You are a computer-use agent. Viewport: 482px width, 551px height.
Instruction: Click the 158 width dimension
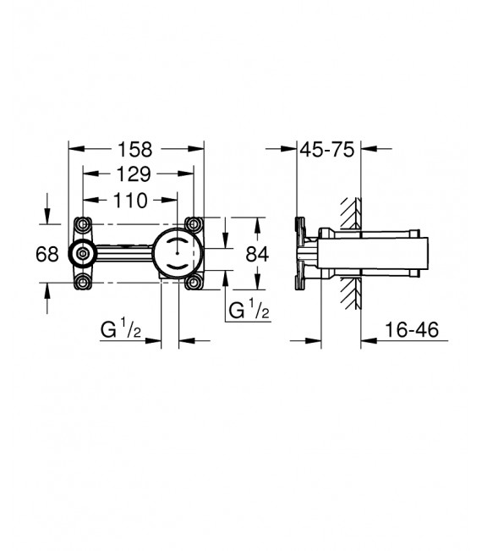134,149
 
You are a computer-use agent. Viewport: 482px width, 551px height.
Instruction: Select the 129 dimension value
133,174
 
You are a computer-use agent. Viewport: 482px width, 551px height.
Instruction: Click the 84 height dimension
257,253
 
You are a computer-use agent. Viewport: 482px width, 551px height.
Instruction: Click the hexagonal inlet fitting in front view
82,253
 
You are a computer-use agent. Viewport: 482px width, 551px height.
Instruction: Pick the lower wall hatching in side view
348,292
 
